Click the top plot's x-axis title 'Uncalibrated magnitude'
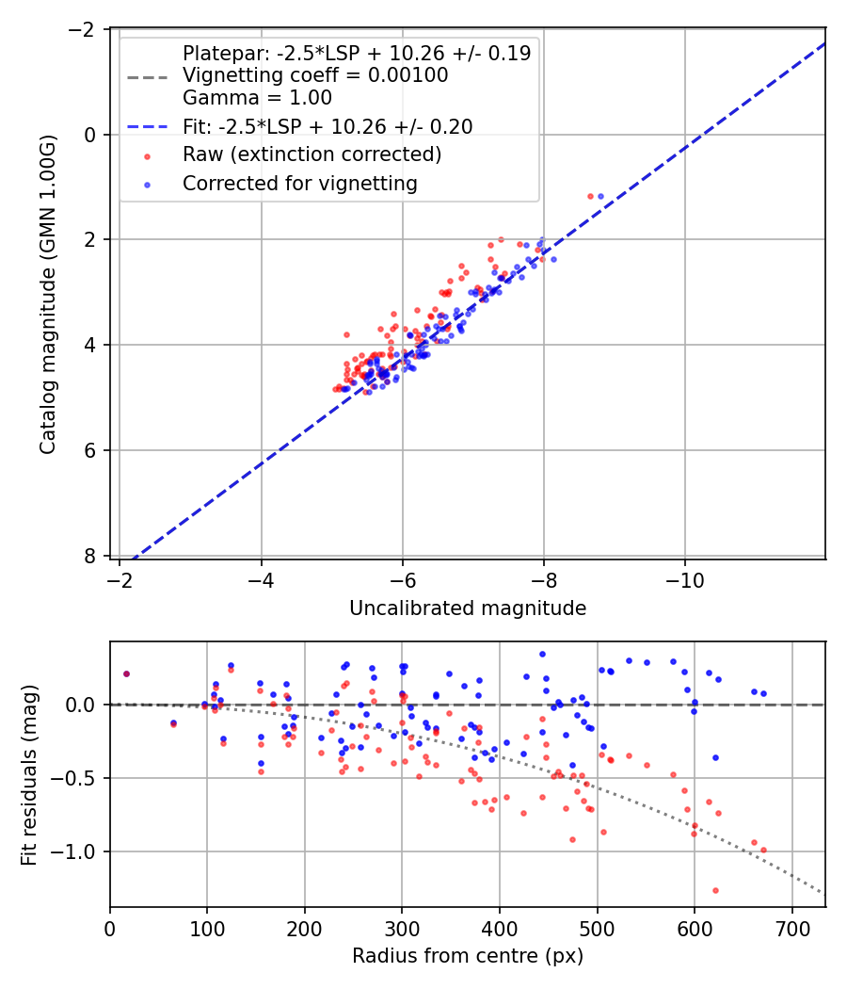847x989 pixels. [x=468, y=608]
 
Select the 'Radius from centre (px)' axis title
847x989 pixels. [x=468, y=955]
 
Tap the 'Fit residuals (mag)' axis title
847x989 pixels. [x=28, y=774]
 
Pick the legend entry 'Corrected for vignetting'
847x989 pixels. [x=299, y=184]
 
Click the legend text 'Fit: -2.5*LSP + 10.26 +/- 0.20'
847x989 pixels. [x=328, y=126]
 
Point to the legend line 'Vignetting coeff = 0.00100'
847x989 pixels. [x=315, y=75]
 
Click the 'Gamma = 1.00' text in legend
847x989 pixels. [x=257, y=97]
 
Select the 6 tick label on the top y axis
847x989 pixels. [x=90, y=450]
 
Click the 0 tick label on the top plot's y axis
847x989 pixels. [x=90, y=135]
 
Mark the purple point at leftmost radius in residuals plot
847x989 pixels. [x=126, y=673]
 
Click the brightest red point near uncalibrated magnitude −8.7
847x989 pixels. [x=590, y=196]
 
